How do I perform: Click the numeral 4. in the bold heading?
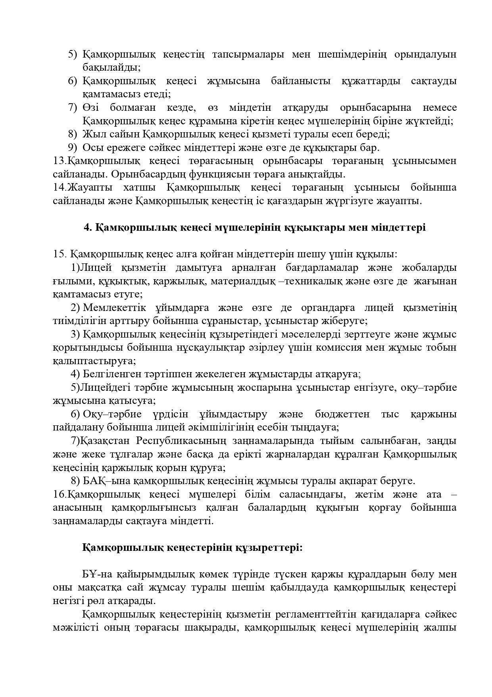[x=88, y=228]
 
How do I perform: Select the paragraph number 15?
[x=59, y=254]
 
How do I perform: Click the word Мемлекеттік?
[x=115, y=308]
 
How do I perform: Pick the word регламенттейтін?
[x=315, y=614]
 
